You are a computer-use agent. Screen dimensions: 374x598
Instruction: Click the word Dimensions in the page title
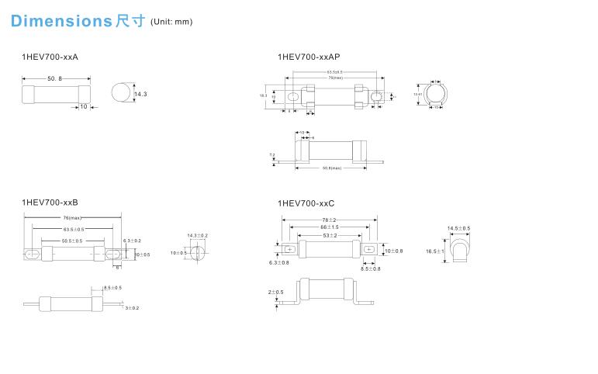pyautogui.click(x=61, y=21)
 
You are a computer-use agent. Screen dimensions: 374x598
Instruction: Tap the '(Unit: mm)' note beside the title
pyautogui.click(x=171, y=22)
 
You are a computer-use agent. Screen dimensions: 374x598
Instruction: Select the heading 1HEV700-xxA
pyautogui.click(x=50, y=57)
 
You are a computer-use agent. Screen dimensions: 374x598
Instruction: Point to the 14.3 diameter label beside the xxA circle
pyautogui.click(x=140, y=94)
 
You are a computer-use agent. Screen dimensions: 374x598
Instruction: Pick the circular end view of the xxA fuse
pyautogui.click(x=119, y=94)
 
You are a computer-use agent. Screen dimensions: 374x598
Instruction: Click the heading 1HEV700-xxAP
pyautogui.click(x=309, y=57)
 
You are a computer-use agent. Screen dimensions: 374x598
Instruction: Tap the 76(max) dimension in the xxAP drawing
pyautogui.click(x=335, y=78)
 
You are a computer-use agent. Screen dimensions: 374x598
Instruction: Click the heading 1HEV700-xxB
pyautogui.click(x=50, y=202)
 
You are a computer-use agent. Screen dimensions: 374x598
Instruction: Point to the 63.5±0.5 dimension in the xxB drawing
pyautogui.click(x=74, y=230)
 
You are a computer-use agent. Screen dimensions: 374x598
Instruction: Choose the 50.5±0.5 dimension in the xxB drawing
pyautogui.click(x=71, y=241)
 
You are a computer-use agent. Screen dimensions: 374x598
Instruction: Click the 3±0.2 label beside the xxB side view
pyautogui.click(x=132, y=308)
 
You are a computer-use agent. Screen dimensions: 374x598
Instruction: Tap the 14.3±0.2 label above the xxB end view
pyautogui.click(x=197, y=235)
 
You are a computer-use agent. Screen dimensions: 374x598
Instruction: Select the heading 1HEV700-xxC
pyautogui.click(x=306, y=203)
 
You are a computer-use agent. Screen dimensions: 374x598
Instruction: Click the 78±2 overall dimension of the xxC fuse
pyautogui.click(x=329, y=220)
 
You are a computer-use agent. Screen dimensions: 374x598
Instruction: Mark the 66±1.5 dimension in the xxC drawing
pyautogui.click(x=329, y=227)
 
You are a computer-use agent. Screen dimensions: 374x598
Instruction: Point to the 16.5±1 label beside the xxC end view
pyautogui.click(x=435, y=251)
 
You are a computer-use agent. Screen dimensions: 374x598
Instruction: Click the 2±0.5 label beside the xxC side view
pyautogui.click(x=275, y=293)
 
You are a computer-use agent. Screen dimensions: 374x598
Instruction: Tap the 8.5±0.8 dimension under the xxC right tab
pyautogui.click(x=371, y=268)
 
